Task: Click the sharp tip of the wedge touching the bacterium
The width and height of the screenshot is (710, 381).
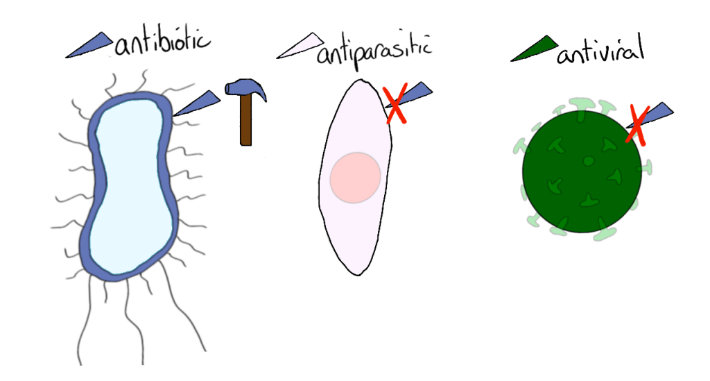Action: pos(173,115)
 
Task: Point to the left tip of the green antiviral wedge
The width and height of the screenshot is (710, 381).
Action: pos(511,60)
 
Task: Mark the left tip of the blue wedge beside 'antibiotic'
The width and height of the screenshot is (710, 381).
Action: pos(66,58)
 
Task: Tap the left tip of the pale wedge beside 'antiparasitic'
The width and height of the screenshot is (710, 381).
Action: pos(277,58)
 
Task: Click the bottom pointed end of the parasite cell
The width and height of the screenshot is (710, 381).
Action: pos(358,275)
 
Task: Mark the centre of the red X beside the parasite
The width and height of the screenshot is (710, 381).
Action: pos(395,103)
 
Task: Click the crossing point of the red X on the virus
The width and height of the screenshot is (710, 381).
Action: pos(637,126)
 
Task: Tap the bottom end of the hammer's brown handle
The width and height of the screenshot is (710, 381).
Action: pos(246,145)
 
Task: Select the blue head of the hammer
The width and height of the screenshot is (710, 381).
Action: pos(245,88)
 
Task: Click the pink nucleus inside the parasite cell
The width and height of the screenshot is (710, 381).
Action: pos(355,178)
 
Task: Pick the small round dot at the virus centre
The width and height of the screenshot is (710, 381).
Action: pos(589,161)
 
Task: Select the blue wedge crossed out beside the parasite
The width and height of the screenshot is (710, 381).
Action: pos(408,94)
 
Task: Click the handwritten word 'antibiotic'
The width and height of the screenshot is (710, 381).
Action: pos(162,42)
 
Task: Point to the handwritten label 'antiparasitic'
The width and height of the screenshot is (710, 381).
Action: pos(374,51)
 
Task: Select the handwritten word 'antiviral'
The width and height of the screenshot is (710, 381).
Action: pos(600,49)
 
